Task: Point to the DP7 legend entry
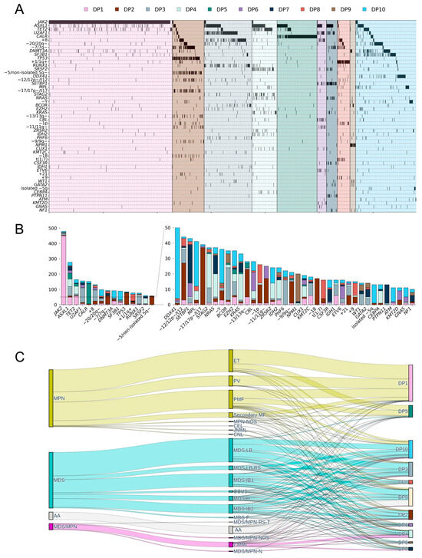(x=295, y=8)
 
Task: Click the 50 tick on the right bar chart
(x=166, y=228)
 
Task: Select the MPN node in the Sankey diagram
(x=51, y=398)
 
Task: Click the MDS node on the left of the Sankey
(x=51, y=479)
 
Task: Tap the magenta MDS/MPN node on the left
(x=51, y=527)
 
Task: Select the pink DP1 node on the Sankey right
(x=410, y=382)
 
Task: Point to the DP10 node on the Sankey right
(x=410, y=449)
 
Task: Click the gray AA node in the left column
(x=51, y=516)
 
